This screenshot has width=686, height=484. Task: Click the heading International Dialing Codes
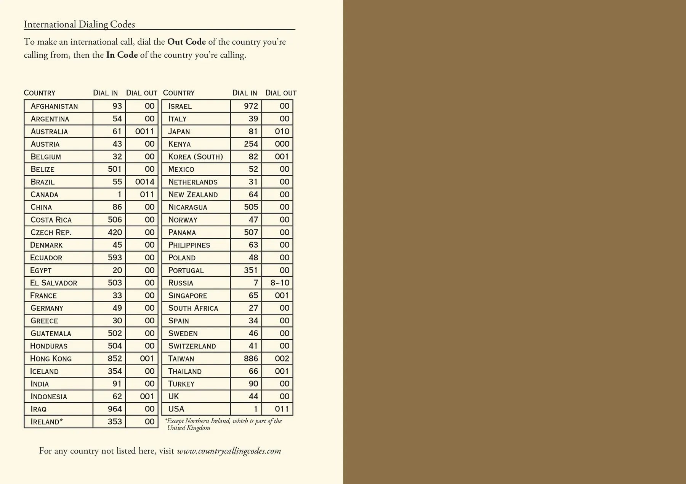(x=79, y=24)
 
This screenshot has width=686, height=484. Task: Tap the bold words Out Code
(x=186, y=42)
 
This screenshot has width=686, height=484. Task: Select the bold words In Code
(x=122, y=55)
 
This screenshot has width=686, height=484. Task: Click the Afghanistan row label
(x=54, y=106)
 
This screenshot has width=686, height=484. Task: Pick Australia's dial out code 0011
(x=145, y=131)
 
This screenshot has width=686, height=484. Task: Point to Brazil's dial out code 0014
(x=145, y=182)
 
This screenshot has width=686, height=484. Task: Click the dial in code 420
(x=115, y=232)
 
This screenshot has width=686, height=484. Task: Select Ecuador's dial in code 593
(x=115, y=257)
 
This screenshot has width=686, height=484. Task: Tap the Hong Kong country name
(x=51, y=358)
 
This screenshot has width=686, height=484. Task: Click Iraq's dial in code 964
(x=115, y=409)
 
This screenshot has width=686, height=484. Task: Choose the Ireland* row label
(x=46, y=421)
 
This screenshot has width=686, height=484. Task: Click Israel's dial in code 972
(x=251, y=106)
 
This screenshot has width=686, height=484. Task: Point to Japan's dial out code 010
(x=282, y=131)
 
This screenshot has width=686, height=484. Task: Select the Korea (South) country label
(x=196, y=156)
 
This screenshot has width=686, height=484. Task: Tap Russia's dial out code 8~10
(x=280, y=283)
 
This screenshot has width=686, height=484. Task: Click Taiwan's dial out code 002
(x=282, y=358)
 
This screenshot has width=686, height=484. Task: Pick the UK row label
(x=173, y=396)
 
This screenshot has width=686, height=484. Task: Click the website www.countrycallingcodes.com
(x=229, y=451)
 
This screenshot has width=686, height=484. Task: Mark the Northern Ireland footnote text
(x=224, y=424)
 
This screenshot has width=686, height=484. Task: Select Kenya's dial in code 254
(x=251, y=144)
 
